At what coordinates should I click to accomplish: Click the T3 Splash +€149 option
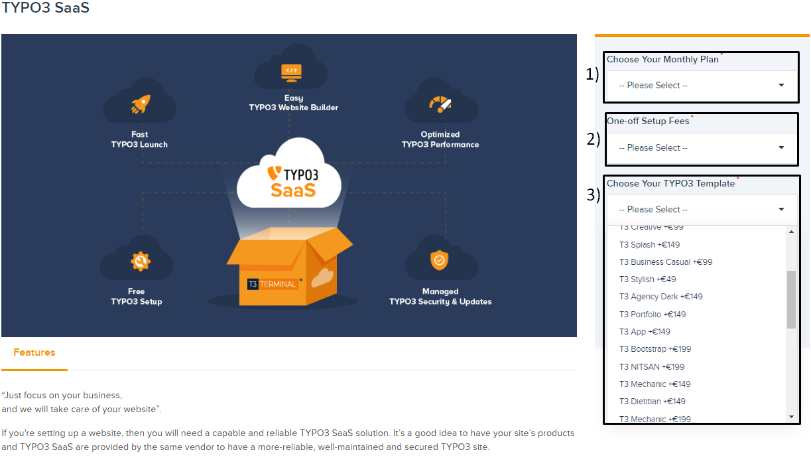(x=651, y=244)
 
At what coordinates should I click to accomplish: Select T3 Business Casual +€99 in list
(x=666, y=262)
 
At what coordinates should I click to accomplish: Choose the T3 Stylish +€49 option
(x=648, y=279)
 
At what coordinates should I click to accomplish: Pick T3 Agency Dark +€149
(x=660, y=297)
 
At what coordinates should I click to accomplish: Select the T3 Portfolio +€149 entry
(x=653, y=315)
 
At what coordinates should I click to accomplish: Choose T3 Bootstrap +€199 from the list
(x=655, y=349)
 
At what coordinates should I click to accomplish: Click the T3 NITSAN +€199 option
(x=652, y=367)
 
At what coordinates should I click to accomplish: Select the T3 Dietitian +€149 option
(x=653, y=402)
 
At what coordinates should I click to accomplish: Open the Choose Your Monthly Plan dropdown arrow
(x=781, y=85)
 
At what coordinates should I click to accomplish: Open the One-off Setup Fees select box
(x=702, y=147)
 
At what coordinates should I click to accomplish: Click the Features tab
(x=34, y=352)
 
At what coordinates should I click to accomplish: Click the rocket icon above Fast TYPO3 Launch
(x=140, y=104)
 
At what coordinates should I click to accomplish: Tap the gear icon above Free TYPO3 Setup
(x=140, y=261)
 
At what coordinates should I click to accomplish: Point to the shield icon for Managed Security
(x=440, y=260)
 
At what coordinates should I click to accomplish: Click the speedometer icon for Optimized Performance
(x=440, y=104)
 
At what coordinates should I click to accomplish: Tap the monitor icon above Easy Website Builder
(x=291, y=70)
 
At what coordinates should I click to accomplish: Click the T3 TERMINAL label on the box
(x=272, y=284)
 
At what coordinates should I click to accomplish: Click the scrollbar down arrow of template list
(x=791, y=416)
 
